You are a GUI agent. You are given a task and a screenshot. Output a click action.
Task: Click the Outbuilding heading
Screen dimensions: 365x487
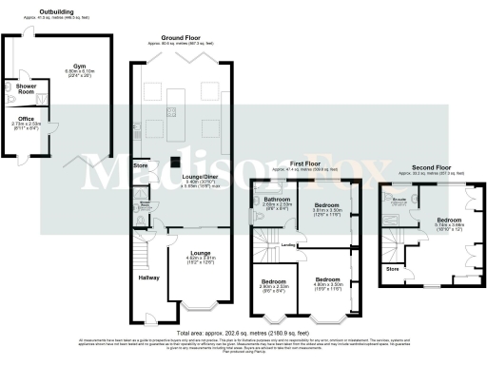click(x=29, y=12)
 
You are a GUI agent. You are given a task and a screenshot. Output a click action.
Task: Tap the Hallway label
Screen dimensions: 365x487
click(x=148, y=278)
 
